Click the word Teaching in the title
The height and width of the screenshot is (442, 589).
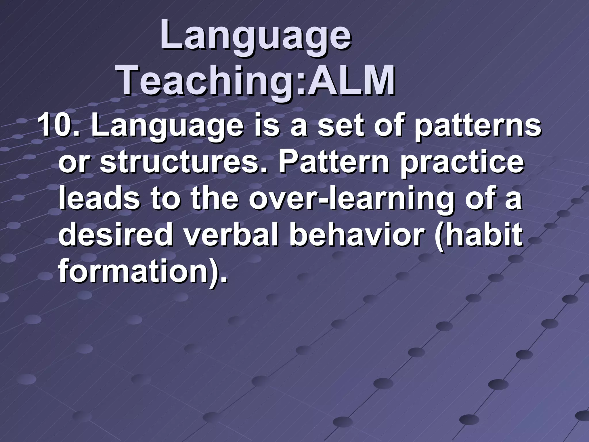tap(207, 81)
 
